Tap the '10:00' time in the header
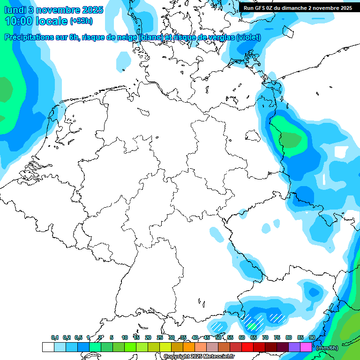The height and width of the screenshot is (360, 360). point(18,22)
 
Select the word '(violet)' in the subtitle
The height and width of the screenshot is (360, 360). point(248,37)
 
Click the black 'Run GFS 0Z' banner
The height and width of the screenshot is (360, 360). point(298,8)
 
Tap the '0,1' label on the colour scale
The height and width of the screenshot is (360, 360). point(55,337)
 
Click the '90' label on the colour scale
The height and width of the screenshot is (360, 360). point(312,337)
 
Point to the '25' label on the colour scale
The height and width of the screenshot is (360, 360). point(160,337)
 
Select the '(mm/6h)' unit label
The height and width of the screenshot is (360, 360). point(327,348)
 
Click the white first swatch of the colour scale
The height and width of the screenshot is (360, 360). point(48,347)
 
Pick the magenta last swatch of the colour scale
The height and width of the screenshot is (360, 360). point(306,347)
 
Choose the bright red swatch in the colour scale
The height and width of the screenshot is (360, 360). point(247,347)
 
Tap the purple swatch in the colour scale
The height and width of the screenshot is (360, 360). point(294,347)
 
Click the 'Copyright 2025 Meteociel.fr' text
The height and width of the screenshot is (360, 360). point(199,356)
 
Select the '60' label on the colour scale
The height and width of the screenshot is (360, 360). point(242,337)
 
